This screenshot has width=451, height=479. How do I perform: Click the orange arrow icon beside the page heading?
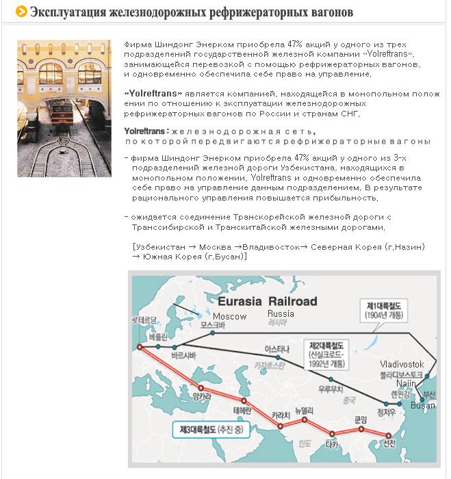point(21,12)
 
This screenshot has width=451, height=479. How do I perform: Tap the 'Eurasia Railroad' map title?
point(267,301)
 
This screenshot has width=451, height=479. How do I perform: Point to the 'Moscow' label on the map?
point(229,316)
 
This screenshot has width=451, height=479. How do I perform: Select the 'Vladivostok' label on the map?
point(402,364)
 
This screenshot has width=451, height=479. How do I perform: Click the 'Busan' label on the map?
point(422,406)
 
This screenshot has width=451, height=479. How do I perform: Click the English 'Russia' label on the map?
point(281,313)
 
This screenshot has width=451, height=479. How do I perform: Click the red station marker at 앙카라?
point(201,387)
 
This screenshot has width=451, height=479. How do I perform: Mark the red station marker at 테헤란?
point(244,400)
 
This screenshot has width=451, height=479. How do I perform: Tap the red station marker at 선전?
point(388,435)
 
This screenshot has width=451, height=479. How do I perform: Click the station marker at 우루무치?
point(331,380)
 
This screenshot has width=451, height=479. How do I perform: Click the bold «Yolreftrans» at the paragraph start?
point(153,94)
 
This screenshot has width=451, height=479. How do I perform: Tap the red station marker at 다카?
point(332,433)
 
